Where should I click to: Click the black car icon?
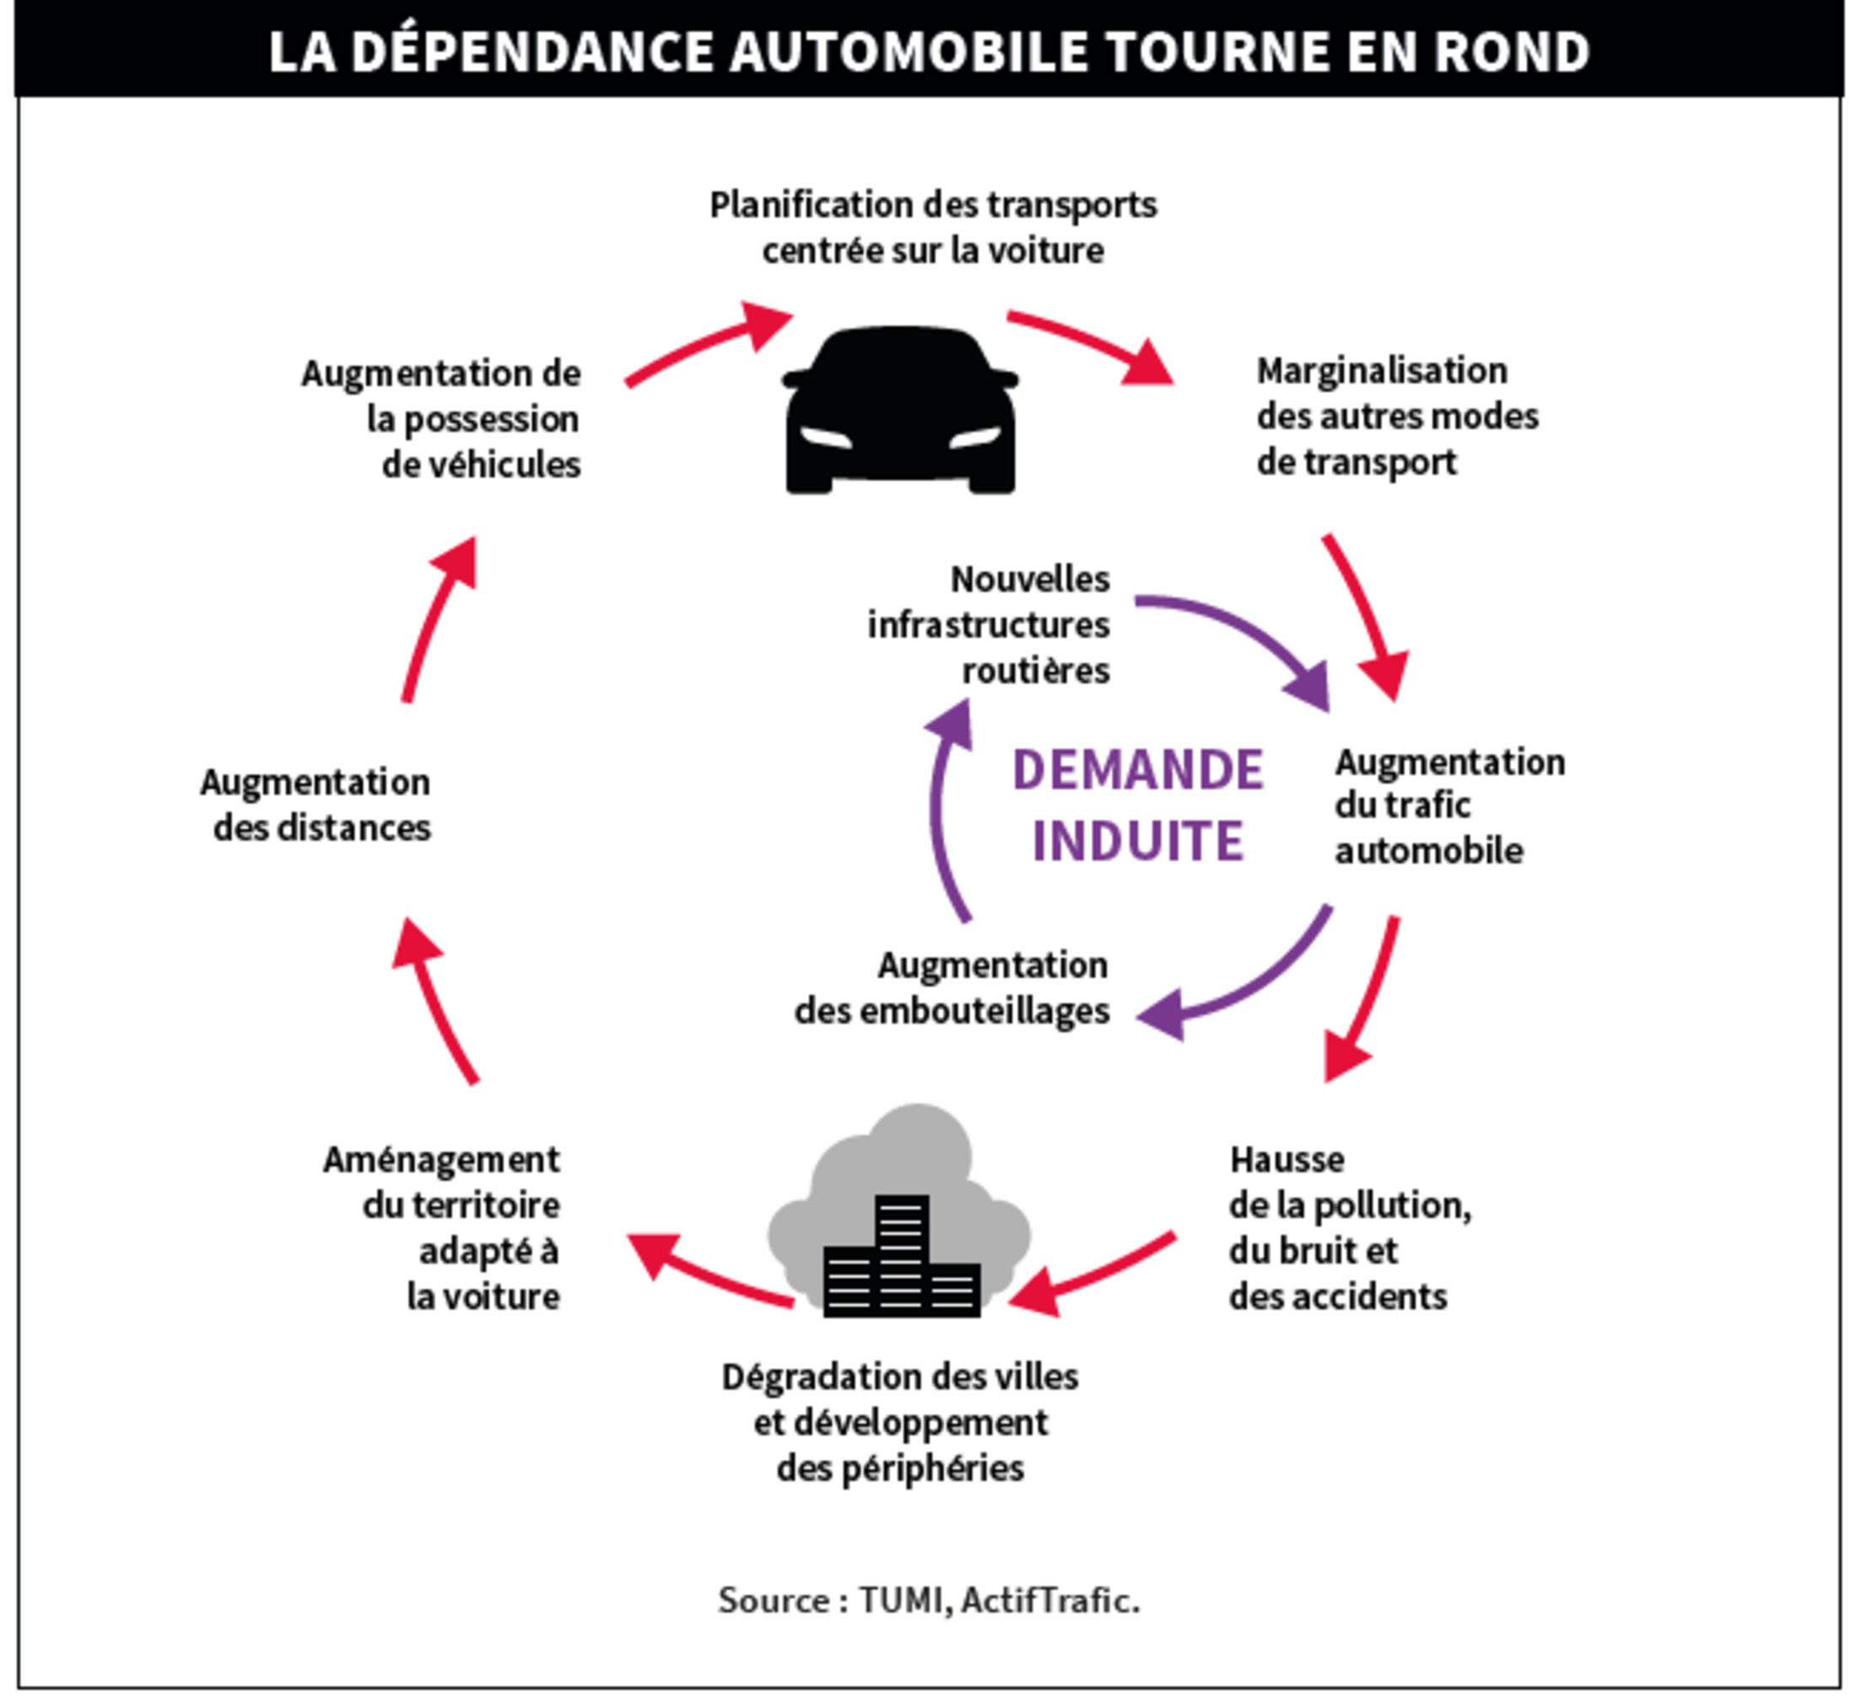pyautogui.click(x=899, y=412)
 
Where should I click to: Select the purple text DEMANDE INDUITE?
pyautogui.click(x=1138, y=805)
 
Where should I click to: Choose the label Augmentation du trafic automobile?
pyautogui.click(x=1449, y=806)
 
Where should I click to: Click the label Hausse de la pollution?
pyautogui.click(x=1349, y=1228)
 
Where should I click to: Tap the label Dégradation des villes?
pyautogui.click(x=899, y=1422)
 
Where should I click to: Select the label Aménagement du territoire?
pyautogui.click(x=442, y=1228)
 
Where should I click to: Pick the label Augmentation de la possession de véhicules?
pyautogui.click(x=442, y=420)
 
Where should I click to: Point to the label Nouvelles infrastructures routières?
pyautogui.click(x=990, y=625)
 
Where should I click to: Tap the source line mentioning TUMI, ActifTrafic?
pyautogui.click(x=929, y=1601)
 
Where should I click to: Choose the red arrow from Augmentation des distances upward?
pyautogui.click(x=435, y=622)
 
